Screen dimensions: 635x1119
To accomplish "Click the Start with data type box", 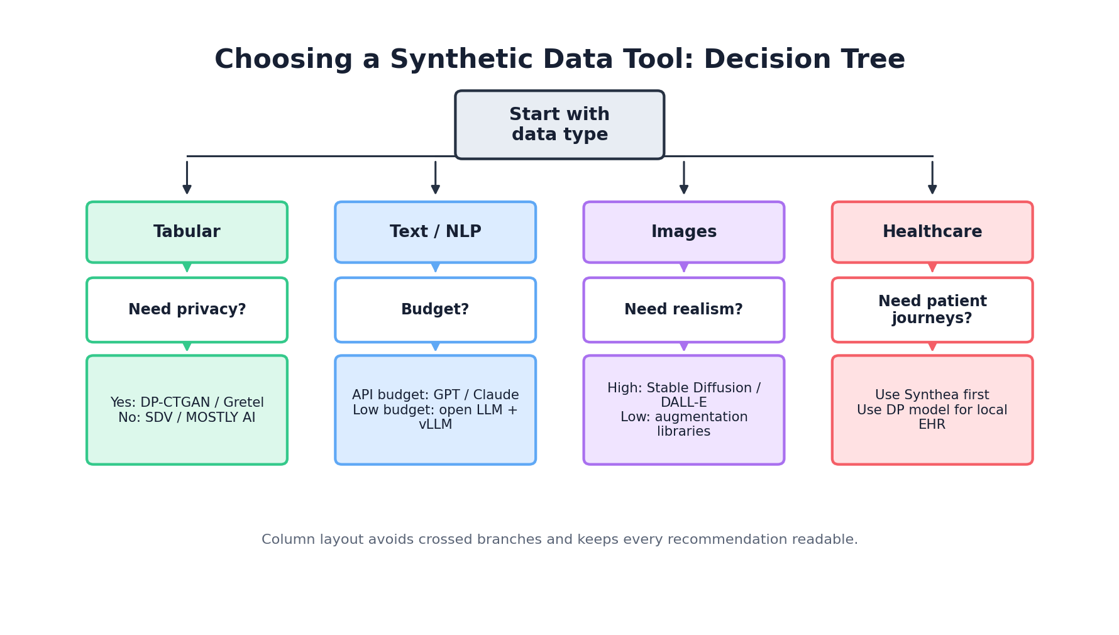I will click(x=559, y=124).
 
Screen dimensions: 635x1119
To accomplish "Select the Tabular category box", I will click(x=187, y=232).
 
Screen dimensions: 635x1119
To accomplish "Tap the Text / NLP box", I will click(x=435, y=232).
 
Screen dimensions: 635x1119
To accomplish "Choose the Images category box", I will click(x=683, y=232).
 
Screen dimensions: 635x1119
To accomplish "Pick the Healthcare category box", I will click(x=932, y=232).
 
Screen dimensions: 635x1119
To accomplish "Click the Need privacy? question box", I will click(x=187, y=310).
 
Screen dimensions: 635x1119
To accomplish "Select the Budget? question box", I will click(x=435, y=310).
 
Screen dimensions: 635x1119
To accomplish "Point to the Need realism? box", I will click(x=683, y=310).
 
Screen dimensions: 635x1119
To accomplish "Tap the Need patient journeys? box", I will click(x=932, y=310).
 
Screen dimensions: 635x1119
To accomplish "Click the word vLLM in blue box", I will click(x=435, y=425).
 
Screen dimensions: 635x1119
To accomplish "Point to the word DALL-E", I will click(x=683, y=403).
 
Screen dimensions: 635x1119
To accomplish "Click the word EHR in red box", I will click(x=932, y=425).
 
